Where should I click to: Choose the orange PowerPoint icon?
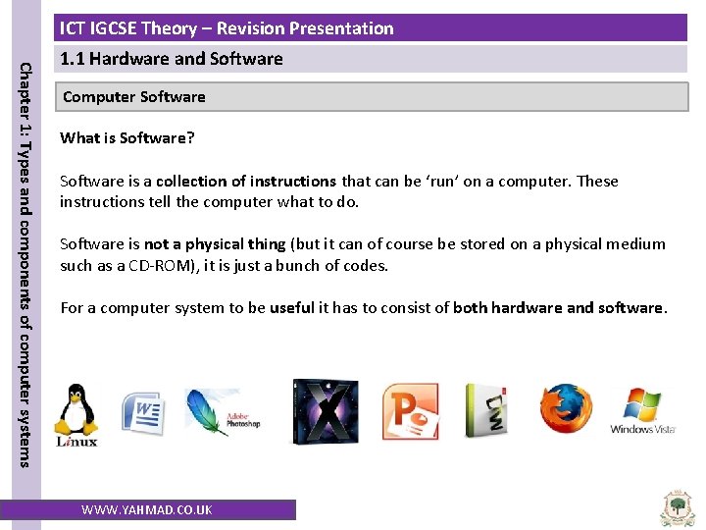(x=410, y=412)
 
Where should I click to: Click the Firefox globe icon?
(x=566, y=409)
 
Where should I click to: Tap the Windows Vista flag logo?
(x=642, y=403)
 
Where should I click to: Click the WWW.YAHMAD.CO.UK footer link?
(x=146, y=509)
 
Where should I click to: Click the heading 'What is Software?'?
(x=127, y=138)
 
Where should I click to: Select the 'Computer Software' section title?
(x=134, y=97)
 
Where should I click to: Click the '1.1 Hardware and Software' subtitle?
(x=172, y=59)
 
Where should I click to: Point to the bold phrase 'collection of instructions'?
(x=246, y=182)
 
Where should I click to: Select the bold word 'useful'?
(x=292, y=308)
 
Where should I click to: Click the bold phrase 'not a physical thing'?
(x=215, y=244)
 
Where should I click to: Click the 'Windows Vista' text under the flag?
(x=643, y=429)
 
